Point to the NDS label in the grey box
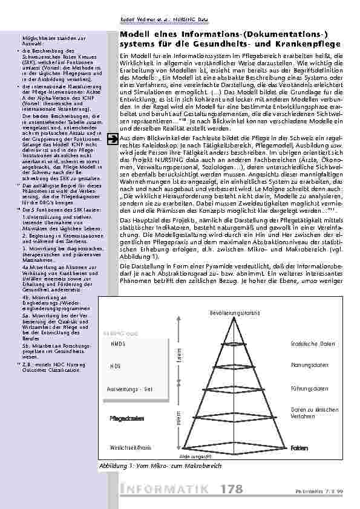click(116, 366)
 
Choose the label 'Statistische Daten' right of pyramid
click(309, 343)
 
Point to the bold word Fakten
click(299, 448)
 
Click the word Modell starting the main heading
click(134, 36)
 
